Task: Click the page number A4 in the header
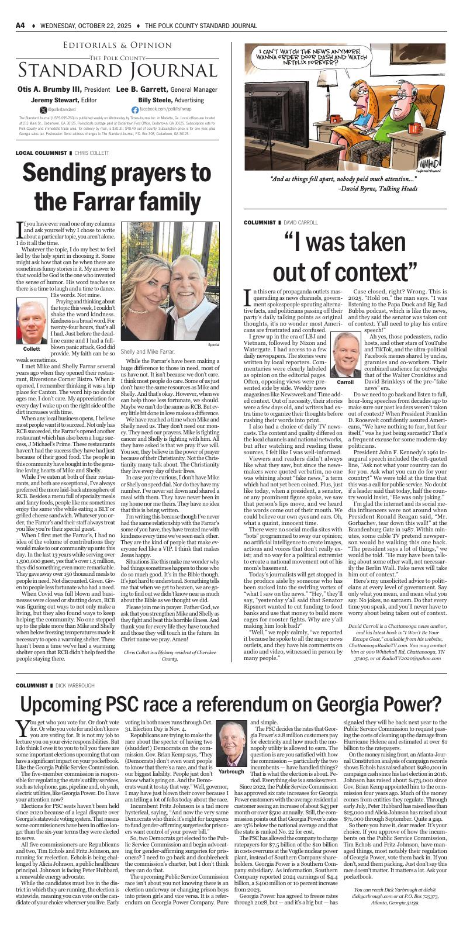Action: click(x=20, y=26)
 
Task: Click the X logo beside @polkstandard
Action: click(x=43, y=109)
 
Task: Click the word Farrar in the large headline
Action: click(x=91, y=201)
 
